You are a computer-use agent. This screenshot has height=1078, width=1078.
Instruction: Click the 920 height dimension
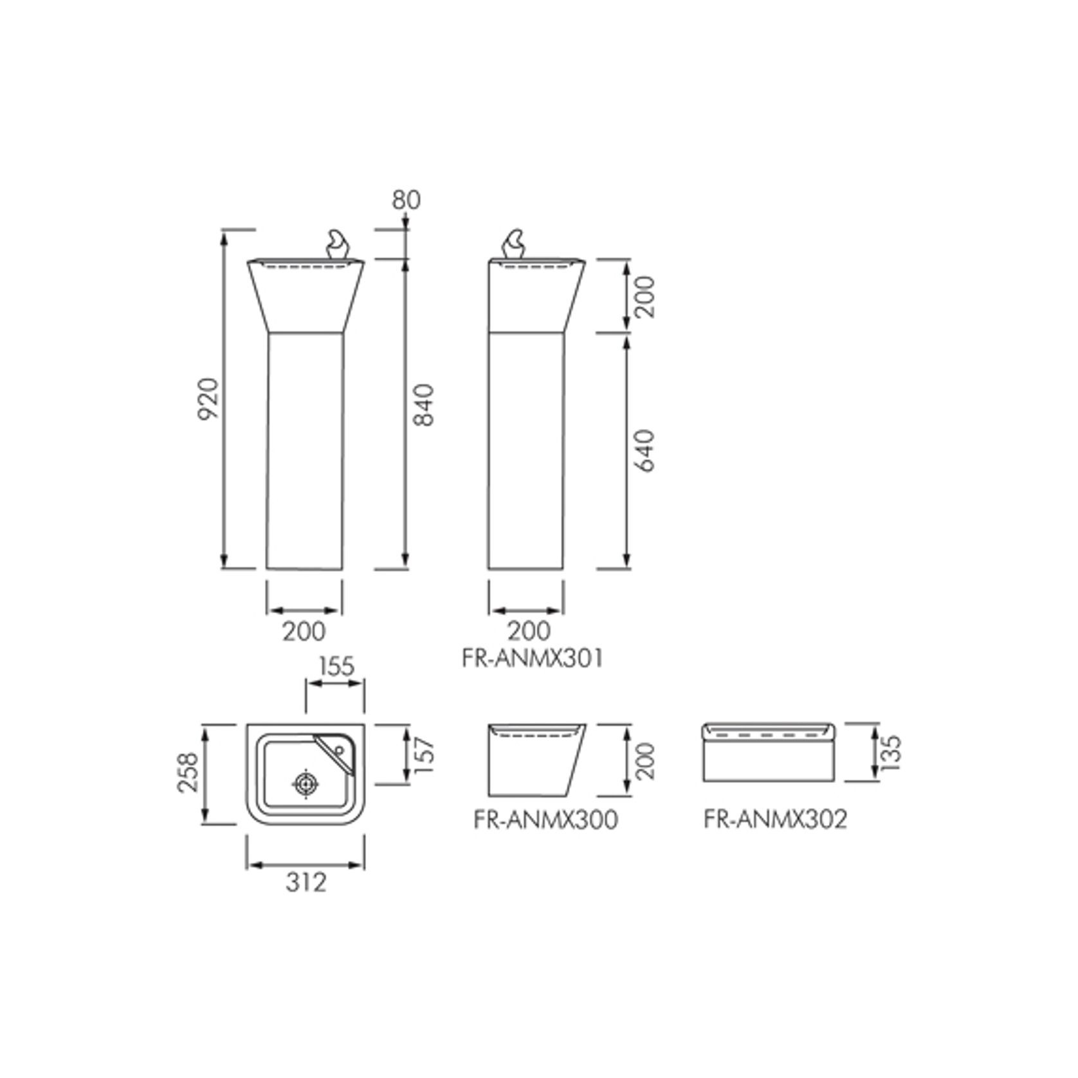pos(208,398)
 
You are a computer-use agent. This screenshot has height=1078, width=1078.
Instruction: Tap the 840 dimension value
pos(425,405)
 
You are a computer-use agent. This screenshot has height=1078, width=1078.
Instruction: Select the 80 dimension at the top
pos(406,200)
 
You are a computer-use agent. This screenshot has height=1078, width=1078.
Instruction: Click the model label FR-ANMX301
pos(533,659)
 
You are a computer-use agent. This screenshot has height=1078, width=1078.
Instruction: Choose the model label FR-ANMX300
pos(545,819)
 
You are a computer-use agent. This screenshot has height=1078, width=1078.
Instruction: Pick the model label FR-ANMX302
pos(775,819)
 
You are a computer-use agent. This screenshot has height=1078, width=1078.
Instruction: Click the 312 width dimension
pos(306,882)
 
